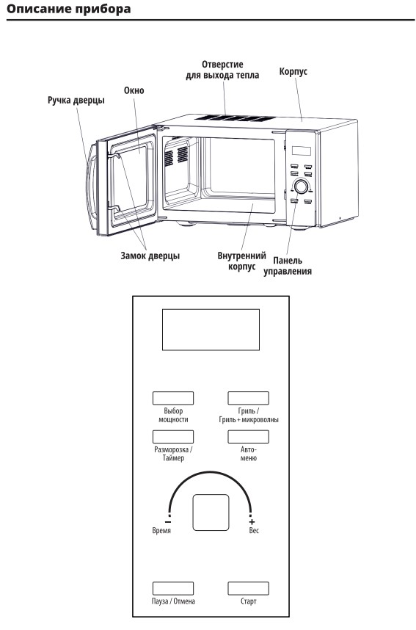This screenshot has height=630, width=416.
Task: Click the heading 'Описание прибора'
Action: tap(69, 9)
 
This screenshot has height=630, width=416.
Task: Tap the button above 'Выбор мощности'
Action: tap(173, 398)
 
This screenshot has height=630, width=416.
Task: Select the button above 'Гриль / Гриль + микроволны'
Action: tap(248, 398)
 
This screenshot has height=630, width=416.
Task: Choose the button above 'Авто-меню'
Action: tap(248, 436)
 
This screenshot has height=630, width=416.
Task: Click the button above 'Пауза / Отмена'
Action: tap(173, 588)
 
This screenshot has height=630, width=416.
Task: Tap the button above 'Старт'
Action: tap(248, 588)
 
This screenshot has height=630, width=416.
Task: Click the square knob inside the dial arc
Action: tap(211, 513)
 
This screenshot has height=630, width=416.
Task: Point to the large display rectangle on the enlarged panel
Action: tap(211, 330)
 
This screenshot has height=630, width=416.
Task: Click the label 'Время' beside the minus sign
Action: tap(161, 530)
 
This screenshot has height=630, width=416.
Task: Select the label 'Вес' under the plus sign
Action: tap(254, 530)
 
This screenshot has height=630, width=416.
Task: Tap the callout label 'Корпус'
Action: tap(293, 71)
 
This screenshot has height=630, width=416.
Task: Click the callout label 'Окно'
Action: tap(134, 90)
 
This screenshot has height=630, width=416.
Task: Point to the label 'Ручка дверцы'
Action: tap(76, 100)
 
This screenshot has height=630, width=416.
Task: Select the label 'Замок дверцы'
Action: tap(150, 256)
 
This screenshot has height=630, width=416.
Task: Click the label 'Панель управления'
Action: tap(288, 266)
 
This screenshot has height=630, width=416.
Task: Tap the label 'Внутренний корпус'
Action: tap(241, 261)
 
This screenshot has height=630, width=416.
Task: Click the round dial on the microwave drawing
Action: tap(301, 187)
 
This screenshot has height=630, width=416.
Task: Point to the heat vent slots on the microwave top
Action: tap(235, 118)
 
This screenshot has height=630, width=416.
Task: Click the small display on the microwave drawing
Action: tap(301, 151)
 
